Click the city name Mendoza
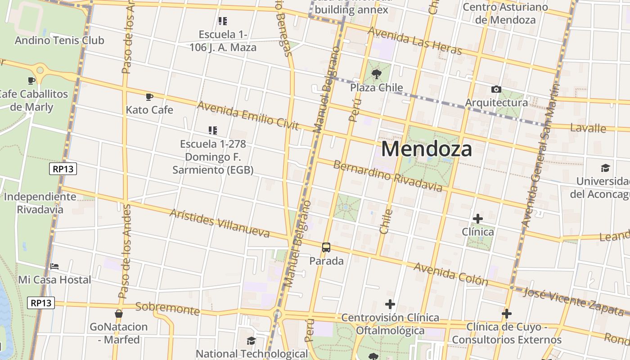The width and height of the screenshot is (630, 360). (x=427, y=149)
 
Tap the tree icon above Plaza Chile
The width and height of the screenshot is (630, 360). (x=377, y=74)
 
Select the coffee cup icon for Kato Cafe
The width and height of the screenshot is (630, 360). (x=149, y=97)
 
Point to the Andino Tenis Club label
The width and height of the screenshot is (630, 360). (x=59, y=40)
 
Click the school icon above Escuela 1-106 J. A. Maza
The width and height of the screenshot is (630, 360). (x=222, y=21)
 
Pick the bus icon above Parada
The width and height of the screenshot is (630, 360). (x=326, y=247)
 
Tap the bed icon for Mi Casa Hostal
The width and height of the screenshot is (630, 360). (x=54, y=266)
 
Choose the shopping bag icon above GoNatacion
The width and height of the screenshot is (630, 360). (x=119, y=313)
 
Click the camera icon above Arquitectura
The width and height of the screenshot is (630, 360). (x=496, y=90)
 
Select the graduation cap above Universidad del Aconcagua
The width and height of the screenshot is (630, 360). (x=605, y=168)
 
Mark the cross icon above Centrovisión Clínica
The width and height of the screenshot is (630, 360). (x=390, y=305)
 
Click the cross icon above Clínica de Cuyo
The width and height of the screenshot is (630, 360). (x=507, y=314)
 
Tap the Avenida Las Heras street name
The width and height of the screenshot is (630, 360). (x=414, y=40)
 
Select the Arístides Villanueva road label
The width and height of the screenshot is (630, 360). (x=220, y=223)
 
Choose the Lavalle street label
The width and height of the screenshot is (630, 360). (x=588, y=128)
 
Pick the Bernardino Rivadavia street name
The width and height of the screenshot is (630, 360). (x=387, y=175)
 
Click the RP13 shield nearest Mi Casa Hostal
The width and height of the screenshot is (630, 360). (x=41, y=303)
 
